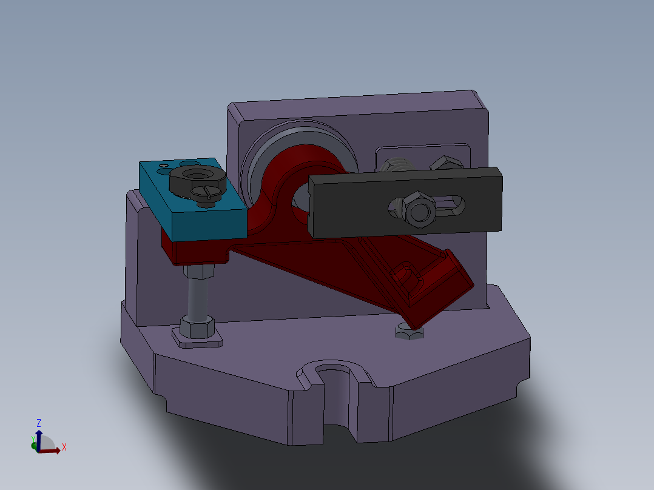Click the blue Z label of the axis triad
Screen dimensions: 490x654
coord(39,423)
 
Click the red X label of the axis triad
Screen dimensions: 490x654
coord(64,448)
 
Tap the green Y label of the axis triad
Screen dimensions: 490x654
coord(32,438)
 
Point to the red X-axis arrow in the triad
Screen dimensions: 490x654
coord(52,450)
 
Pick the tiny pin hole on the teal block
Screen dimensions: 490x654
coord(163,165)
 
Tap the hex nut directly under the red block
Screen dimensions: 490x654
coord(200,270)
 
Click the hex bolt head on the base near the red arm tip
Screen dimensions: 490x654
coord(408,332)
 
